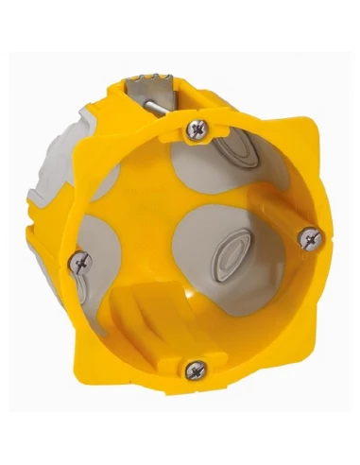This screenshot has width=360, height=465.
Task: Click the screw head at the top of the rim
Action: point(197,126)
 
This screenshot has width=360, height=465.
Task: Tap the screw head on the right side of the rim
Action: point(307,238)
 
